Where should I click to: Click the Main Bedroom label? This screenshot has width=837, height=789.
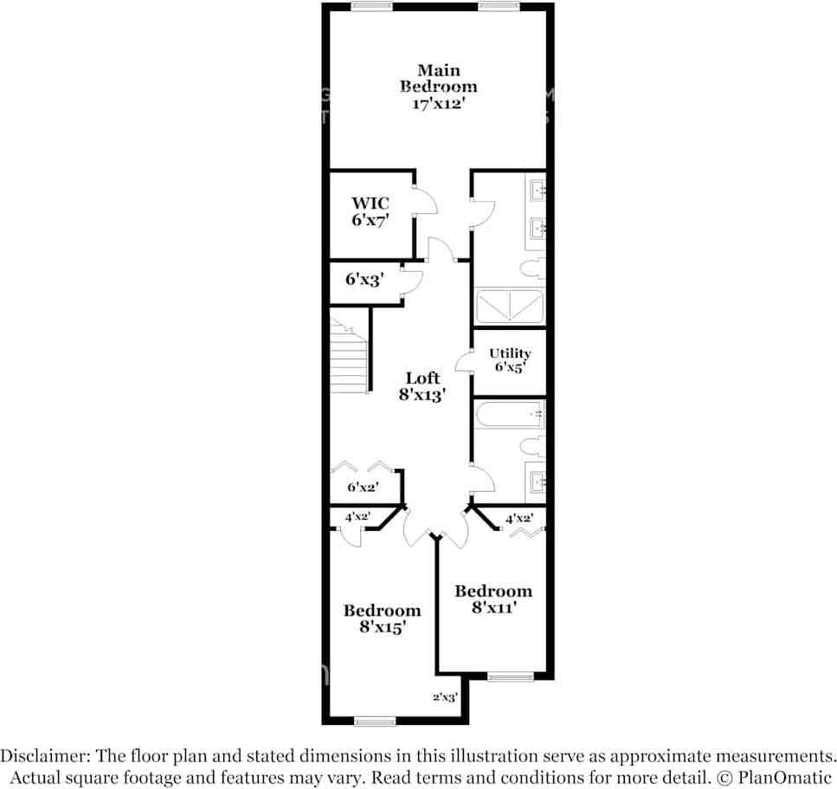point(438,87)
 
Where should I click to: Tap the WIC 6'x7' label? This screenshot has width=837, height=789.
point(370,212)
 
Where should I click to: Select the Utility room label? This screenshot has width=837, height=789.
point(510,359)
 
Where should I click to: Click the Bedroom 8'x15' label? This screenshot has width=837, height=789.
point(383,618)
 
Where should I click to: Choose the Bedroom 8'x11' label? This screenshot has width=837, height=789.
point(493,599)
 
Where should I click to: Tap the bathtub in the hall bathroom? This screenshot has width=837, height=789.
point(509,415)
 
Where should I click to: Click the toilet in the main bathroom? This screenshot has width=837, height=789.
point(531,268)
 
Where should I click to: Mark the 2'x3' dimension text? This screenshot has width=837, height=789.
point(445,696)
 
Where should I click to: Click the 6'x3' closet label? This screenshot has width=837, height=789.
point(364,280)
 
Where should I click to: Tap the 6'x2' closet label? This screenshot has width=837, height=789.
point(364,488)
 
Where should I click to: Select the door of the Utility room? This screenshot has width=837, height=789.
point(463,359)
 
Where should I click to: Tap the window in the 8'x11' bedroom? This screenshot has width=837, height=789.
point(510,676)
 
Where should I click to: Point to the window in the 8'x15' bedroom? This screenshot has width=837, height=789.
point(375,721)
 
